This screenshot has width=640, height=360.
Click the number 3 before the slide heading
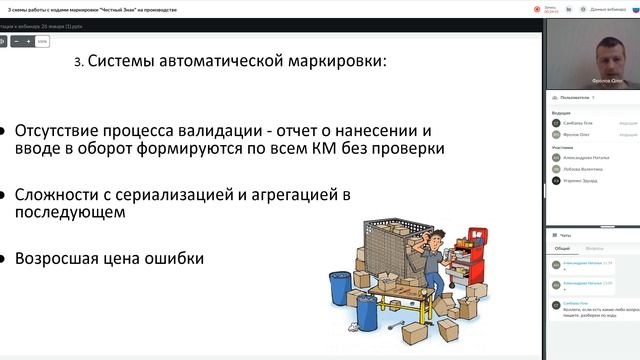78,62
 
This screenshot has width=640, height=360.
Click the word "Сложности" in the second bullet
56,194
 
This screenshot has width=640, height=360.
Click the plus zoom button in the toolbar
28,42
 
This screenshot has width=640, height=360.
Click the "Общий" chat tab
563,247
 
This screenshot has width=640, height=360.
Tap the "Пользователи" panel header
576,98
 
